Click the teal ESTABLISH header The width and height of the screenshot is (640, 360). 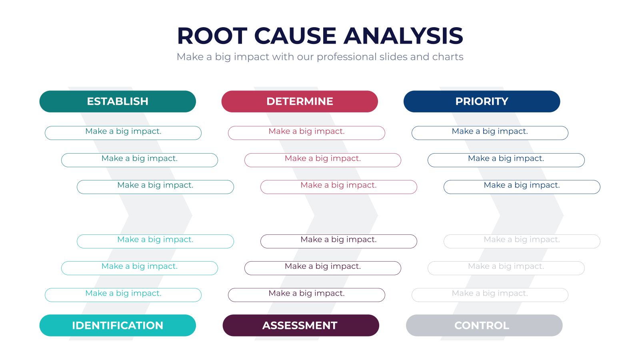118,102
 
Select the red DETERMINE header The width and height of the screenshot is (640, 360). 300,102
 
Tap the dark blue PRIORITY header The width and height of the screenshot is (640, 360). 482,102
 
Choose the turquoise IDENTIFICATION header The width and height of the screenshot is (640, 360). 118,326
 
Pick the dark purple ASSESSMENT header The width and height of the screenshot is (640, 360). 301,326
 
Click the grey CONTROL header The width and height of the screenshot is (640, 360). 484,326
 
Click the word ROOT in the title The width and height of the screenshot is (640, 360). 212,36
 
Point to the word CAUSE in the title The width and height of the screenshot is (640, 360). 295,36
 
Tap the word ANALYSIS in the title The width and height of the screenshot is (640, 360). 403,36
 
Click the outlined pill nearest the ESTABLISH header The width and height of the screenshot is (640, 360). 123,133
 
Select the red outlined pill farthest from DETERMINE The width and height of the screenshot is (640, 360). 338,187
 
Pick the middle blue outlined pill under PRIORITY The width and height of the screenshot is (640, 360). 506,160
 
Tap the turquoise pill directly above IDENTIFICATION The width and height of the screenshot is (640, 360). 123,295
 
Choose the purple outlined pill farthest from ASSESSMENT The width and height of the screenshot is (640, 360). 338,241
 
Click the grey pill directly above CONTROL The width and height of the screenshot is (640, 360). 490,295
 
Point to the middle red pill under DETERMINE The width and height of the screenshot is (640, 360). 322,160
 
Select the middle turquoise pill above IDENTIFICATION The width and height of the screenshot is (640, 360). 140,268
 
